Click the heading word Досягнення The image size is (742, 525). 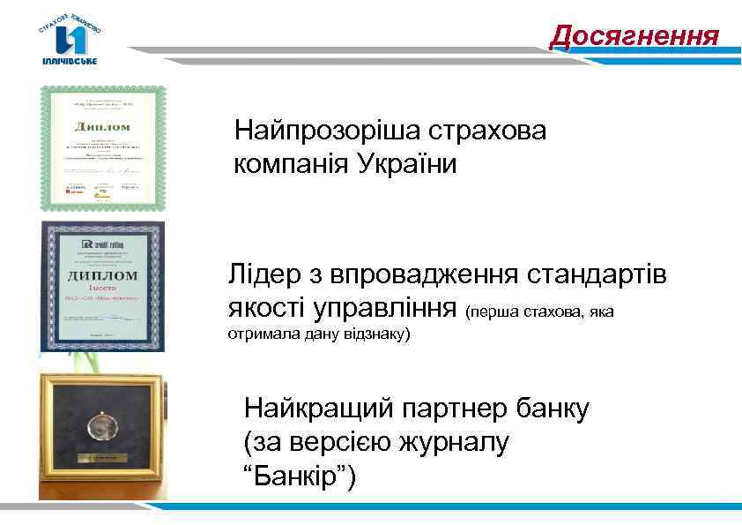[x=634, y=36]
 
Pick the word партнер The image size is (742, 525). [x=465, y=409]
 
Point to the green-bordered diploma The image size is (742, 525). [x=102, y=147]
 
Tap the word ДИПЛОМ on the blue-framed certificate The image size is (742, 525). [x=102, y=274]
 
